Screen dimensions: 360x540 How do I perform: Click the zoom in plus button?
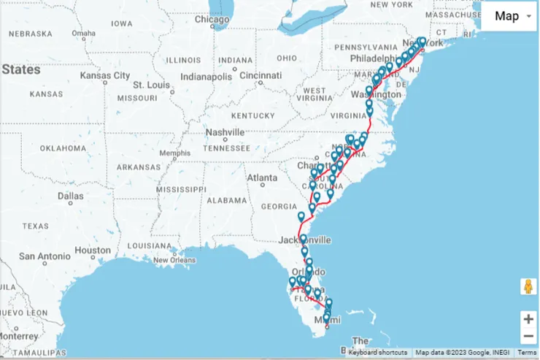click(x=528, y=319)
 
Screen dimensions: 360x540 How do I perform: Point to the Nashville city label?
click(x=225, y=132)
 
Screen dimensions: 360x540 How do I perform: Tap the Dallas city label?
click(x=71, y=196)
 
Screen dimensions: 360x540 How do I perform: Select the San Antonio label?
click(x=44, y=256)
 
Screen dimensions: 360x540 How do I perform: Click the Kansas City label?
click(x=105, y=75)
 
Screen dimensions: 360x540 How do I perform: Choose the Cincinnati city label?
click(x=260, y=75)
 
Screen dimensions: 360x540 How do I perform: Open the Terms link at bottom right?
click(x=527, y=353)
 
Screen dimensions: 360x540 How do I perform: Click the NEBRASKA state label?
click(x=31, y=34)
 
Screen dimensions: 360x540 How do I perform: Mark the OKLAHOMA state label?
click(x=63, y=148)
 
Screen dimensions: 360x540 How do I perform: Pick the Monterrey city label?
click(x=18, y=336)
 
